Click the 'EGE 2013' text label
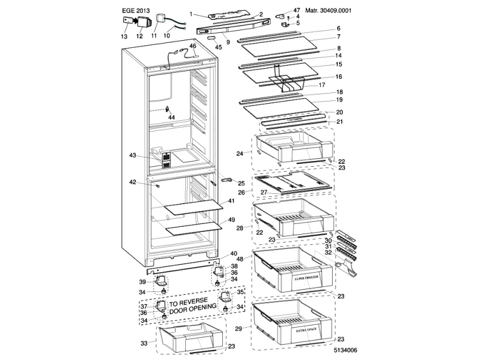click(137, 10)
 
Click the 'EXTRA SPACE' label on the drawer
click(307, 329)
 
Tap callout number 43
click(133, 155)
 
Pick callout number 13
click(124, 36)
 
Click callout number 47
click(296, 10)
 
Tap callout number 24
click(240, 153)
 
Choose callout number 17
click(321, 84)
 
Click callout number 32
click(328, 253)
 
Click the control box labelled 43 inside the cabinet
click(167, 159)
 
